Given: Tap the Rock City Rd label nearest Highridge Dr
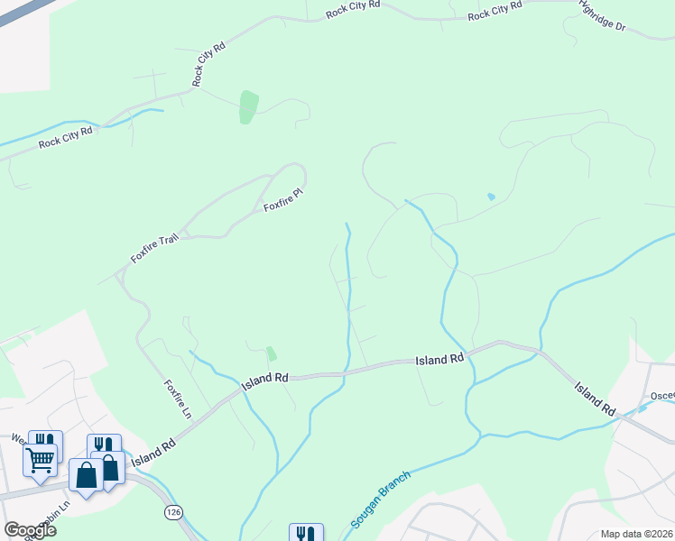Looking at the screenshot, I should tap(495, 11).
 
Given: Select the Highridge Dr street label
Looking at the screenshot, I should tap(604, 17).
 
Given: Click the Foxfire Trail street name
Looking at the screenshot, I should tap(155, 244).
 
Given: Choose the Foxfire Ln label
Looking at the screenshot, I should tap(177, 399).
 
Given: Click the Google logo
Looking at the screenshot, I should tap(30, 530).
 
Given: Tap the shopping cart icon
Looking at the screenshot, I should tap(40, 460).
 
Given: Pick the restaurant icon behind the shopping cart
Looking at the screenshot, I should tap(46, 441).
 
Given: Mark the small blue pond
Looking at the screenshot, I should tap(491, 196).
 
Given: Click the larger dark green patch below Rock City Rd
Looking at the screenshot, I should tap(248, 106).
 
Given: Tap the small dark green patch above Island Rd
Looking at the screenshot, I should tap(271, 353).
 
